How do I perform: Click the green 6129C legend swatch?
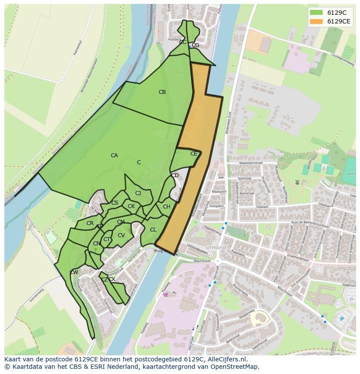pyautogui.click(x=316, y=13)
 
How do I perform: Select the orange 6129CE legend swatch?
pyautogui.click(x=316, y=21)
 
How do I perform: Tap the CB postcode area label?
pyautogui.click(x=162, y=92)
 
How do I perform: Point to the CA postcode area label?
pyautogui.click(x=114, y=156)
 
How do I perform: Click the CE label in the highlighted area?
pyautogui.click(x=194, y=154)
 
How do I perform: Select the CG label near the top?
pyautogui.click(x=196, y=45)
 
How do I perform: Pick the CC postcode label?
pyautogui.click(x=183, y=42)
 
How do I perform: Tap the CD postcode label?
pyautogui.click(x=175, y=175)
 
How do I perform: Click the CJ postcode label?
pyautogui.click(x=138, y=193)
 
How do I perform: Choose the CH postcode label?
pyautogui.click(x=167, y=207)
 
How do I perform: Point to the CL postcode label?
pyautogui.click(x=153, y=230)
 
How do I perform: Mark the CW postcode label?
pyautogui.click(x=74, y=272)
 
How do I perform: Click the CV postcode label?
pyautogui.click(x=121, y=235)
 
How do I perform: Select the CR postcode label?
pyautogui.click(x=90, y=223)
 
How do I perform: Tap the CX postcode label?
pyautogui.click(x=112, y=279)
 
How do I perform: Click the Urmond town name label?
pyautogui.click(x=216, y=248)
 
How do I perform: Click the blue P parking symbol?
pyautogui.click(x=342, y=319)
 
